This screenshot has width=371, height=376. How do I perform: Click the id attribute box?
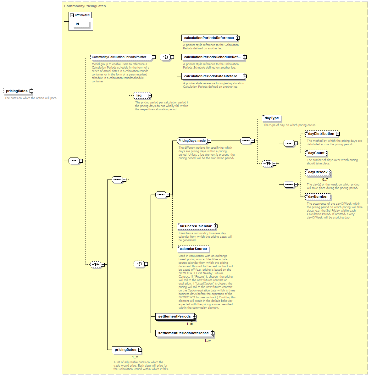tap(81, 24)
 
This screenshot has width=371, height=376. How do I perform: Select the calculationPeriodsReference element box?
tap(209, 38)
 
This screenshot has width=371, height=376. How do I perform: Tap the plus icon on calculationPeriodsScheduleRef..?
tap(245, 57)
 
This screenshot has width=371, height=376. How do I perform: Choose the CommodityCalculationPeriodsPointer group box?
tap(121, 57)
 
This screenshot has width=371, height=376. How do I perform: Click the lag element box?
tap(142, 96)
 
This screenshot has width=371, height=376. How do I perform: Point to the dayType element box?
tap(271, 118)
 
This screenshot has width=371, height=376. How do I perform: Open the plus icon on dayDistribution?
tap(338, 134)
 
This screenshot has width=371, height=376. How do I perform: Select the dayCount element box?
tap(316, 153)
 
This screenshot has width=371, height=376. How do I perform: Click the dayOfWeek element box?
tap(318, 172)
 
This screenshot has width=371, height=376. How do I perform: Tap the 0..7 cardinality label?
tap(325, 180)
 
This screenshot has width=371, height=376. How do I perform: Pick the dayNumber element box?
tap(318, 196)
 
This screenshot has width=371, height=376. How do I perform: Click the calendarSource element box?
tap(193, 249)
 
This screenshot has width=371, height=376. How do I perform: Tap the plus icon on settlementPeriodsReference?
tap(212, 333)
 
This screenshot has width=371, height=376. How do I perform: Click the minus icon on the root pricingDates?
tap(31, 91)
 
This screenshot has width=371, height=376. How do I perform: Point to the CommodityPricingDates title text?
tap(85, 6)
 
